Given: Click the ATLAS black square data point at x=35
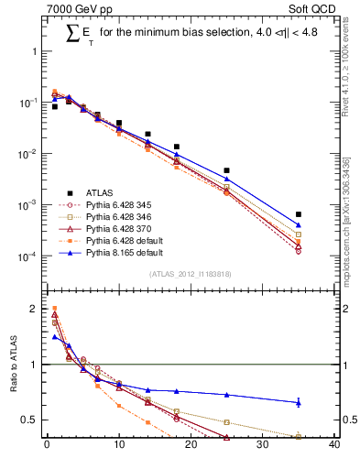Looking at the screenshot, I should click(x=299, y=214).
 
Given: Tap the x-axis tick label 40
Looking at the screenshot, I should click(x=334, y=447).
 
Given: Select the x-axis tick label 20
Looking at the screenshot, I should click(x=191, y=447).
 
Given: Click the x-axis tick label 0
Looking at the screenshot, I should click(x=47, y=447).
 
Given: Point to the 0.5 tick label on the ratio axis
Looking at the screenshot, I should click(x=32, y=420).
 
